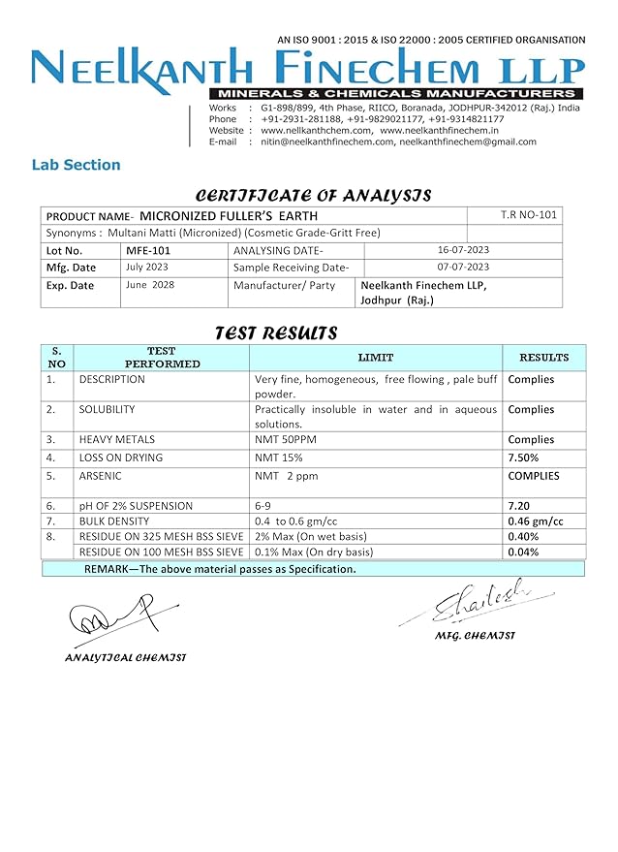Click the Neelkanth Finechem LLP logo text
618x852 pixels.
308,68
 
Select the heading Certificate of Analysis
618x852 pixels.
313,195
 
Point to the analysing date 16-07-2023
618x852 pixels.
463,249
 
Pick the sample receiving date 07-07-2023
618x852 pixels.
463,267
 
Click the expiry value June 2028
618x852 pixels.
150,285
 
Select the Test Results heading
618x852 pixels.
275,333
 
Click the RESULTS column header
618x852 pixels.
543,358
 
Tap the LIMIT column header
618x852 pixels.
375,358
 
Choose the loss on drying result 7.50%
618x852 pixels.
525,458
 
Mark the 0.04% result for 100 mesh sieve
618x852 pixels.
523,552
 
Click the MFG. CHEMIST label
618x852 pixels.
476,636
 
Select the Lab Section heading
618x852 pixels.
76,165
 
